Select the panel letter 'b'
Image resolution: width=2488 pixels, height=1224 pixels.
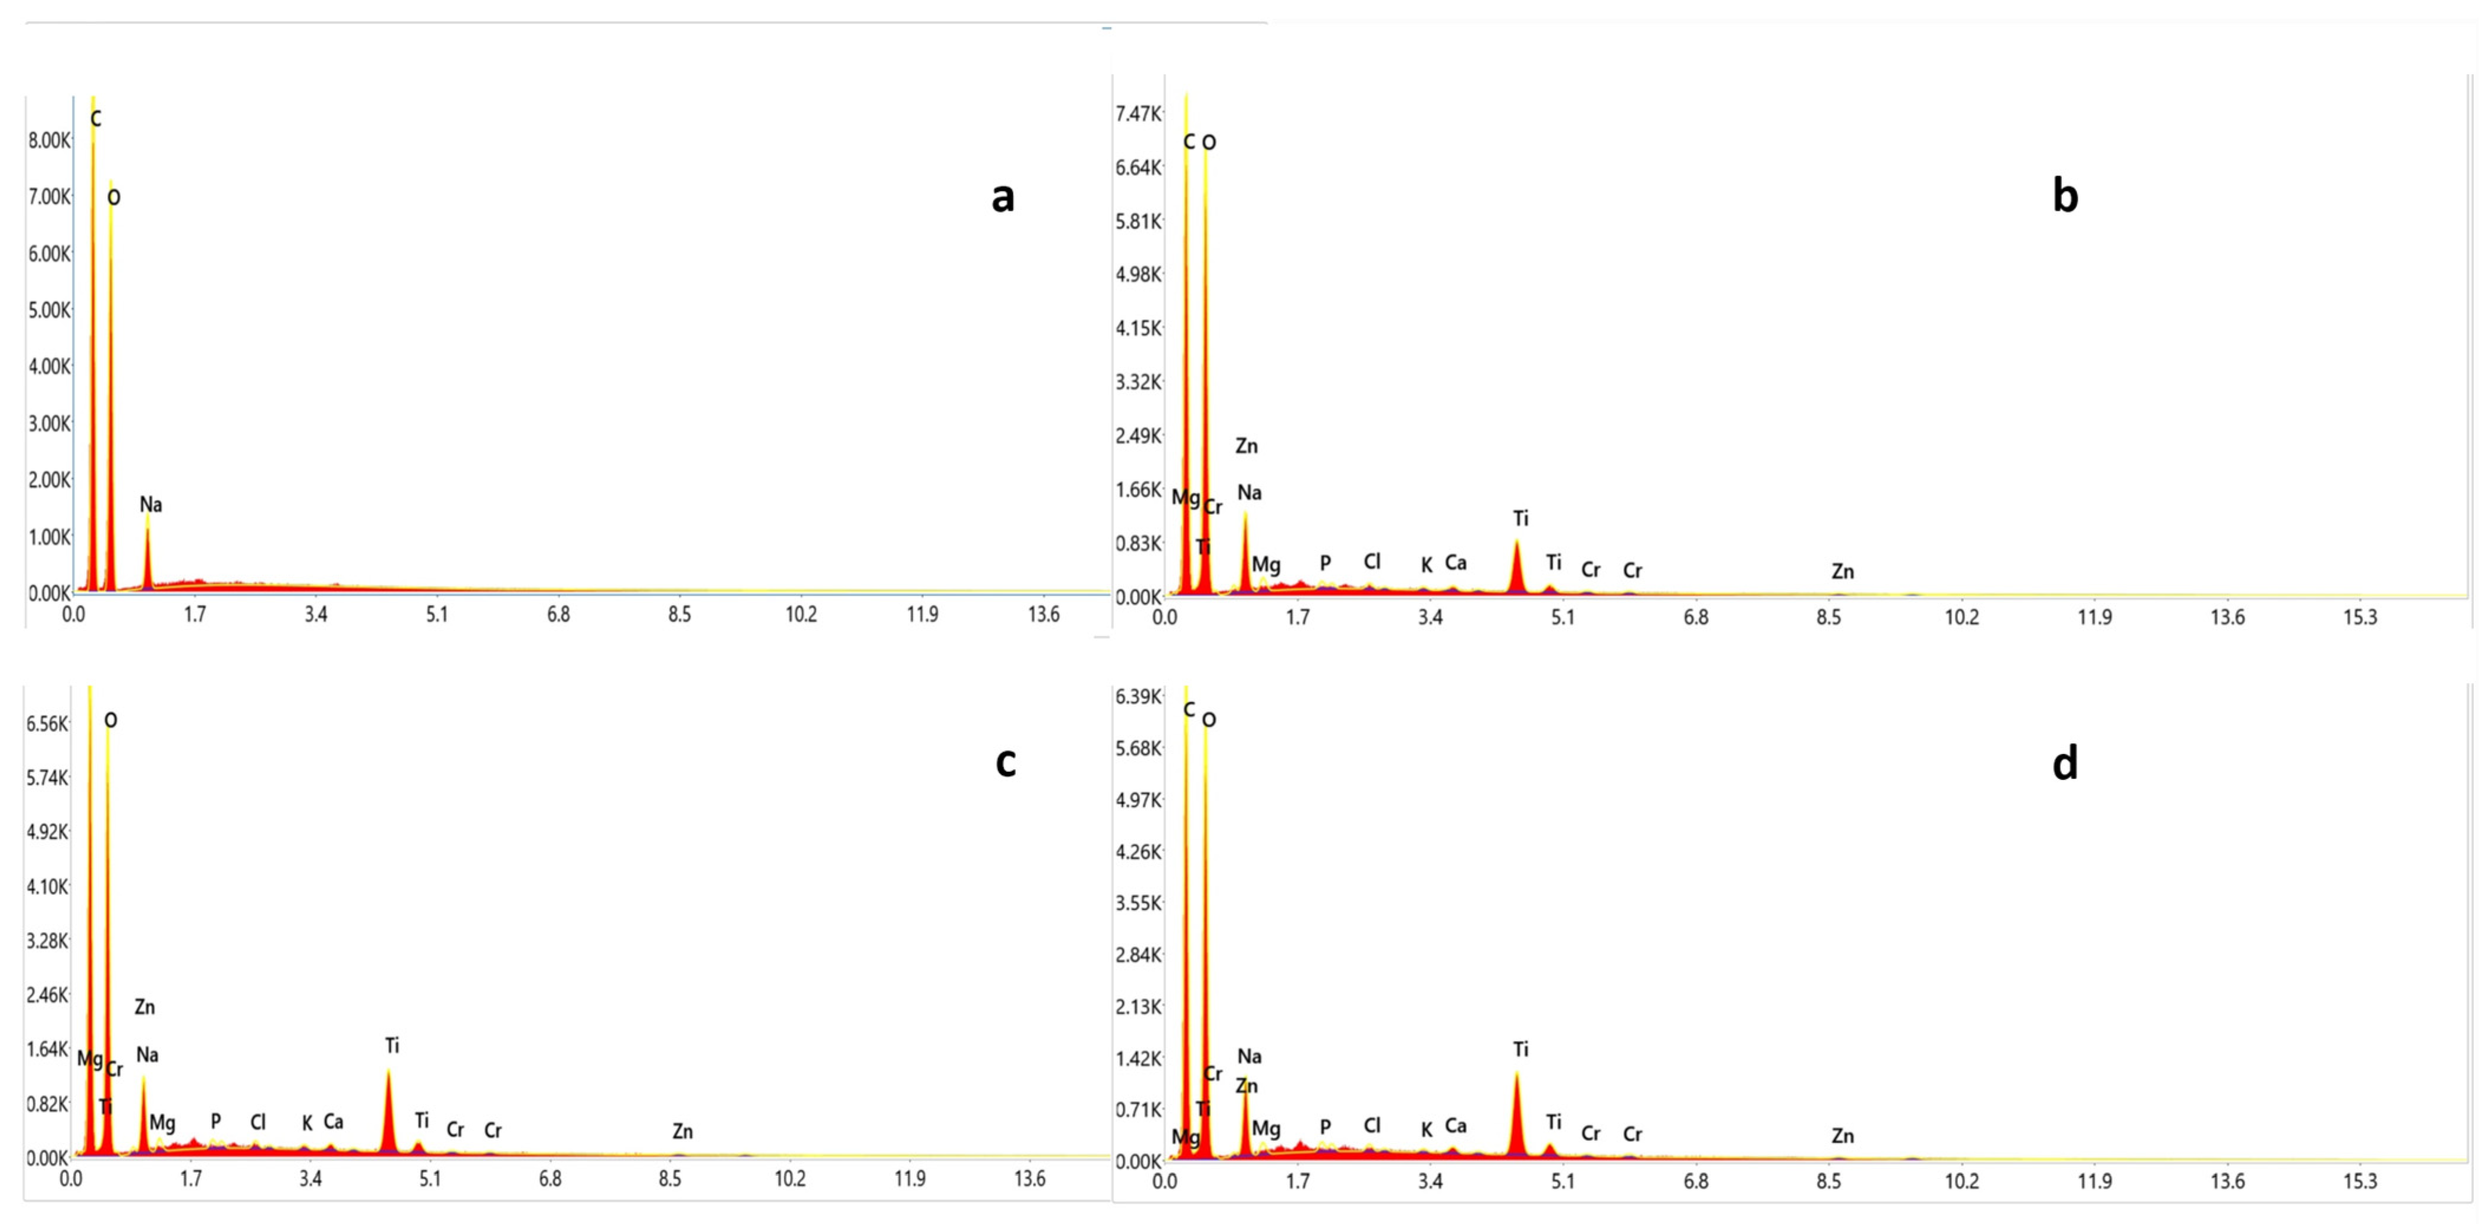2064,196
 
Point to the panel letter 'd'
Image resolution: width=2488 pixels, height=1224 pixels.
2064,763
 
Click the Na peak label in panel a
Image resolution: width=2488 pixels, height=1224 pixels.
151,504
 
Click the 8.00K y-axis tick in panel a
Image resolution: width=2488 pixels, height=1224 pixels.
49,140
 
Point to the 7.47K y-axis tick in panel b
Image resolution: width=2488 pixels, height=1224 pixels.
1138,114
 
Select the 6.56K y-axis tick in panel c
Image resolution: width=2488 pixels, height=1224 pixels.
47,723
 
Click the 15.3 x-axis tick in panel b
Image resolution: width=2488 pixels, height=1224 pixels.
2359,617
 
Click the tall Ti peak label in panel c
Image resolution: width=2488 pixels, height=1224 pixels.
391,1045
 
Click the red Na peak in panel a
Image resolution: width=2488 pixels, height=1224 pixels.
148,560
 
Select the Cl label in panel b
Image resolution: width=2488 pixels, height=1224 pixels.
1371,562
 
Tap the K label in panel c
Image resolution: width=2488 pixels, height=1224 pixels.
307,1124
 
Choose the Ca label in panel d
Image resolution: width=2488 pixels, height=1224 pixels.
1456,1125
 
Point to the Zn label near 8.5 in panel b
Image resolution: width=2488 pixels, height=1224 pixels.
1842,572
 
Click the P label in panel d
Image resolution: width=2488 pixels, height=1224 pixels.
1325,1127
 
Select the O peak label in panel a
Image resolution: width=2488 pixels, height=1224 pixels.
114,198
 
